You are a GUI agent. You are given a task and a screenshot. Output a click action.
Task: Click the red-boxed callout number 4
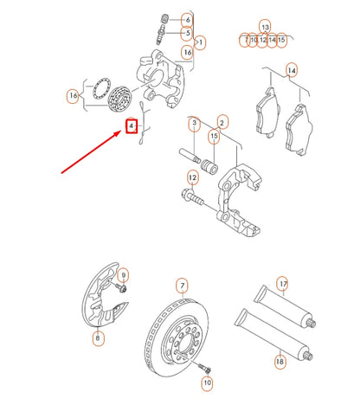(x=131, y=126)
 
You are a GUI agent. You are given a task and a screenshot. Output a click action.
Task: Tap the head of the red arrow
(x=119, y=133)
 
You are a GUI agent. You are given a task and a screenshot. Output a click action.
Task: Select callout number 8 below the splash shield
(x=97, y=339)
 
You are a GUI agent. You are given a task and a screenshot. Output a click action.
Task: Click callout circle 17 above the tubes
(x=282, y=283)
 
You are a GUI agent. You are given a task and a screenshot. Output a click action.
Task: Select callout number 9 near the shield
(x=123, y=274)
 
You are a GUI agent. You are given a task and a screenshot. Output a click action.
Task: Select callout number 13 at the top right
(x=264, y=27)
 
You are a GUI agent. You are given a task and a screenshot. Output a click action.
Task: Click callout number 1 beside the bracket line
(x=201, y=41)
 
